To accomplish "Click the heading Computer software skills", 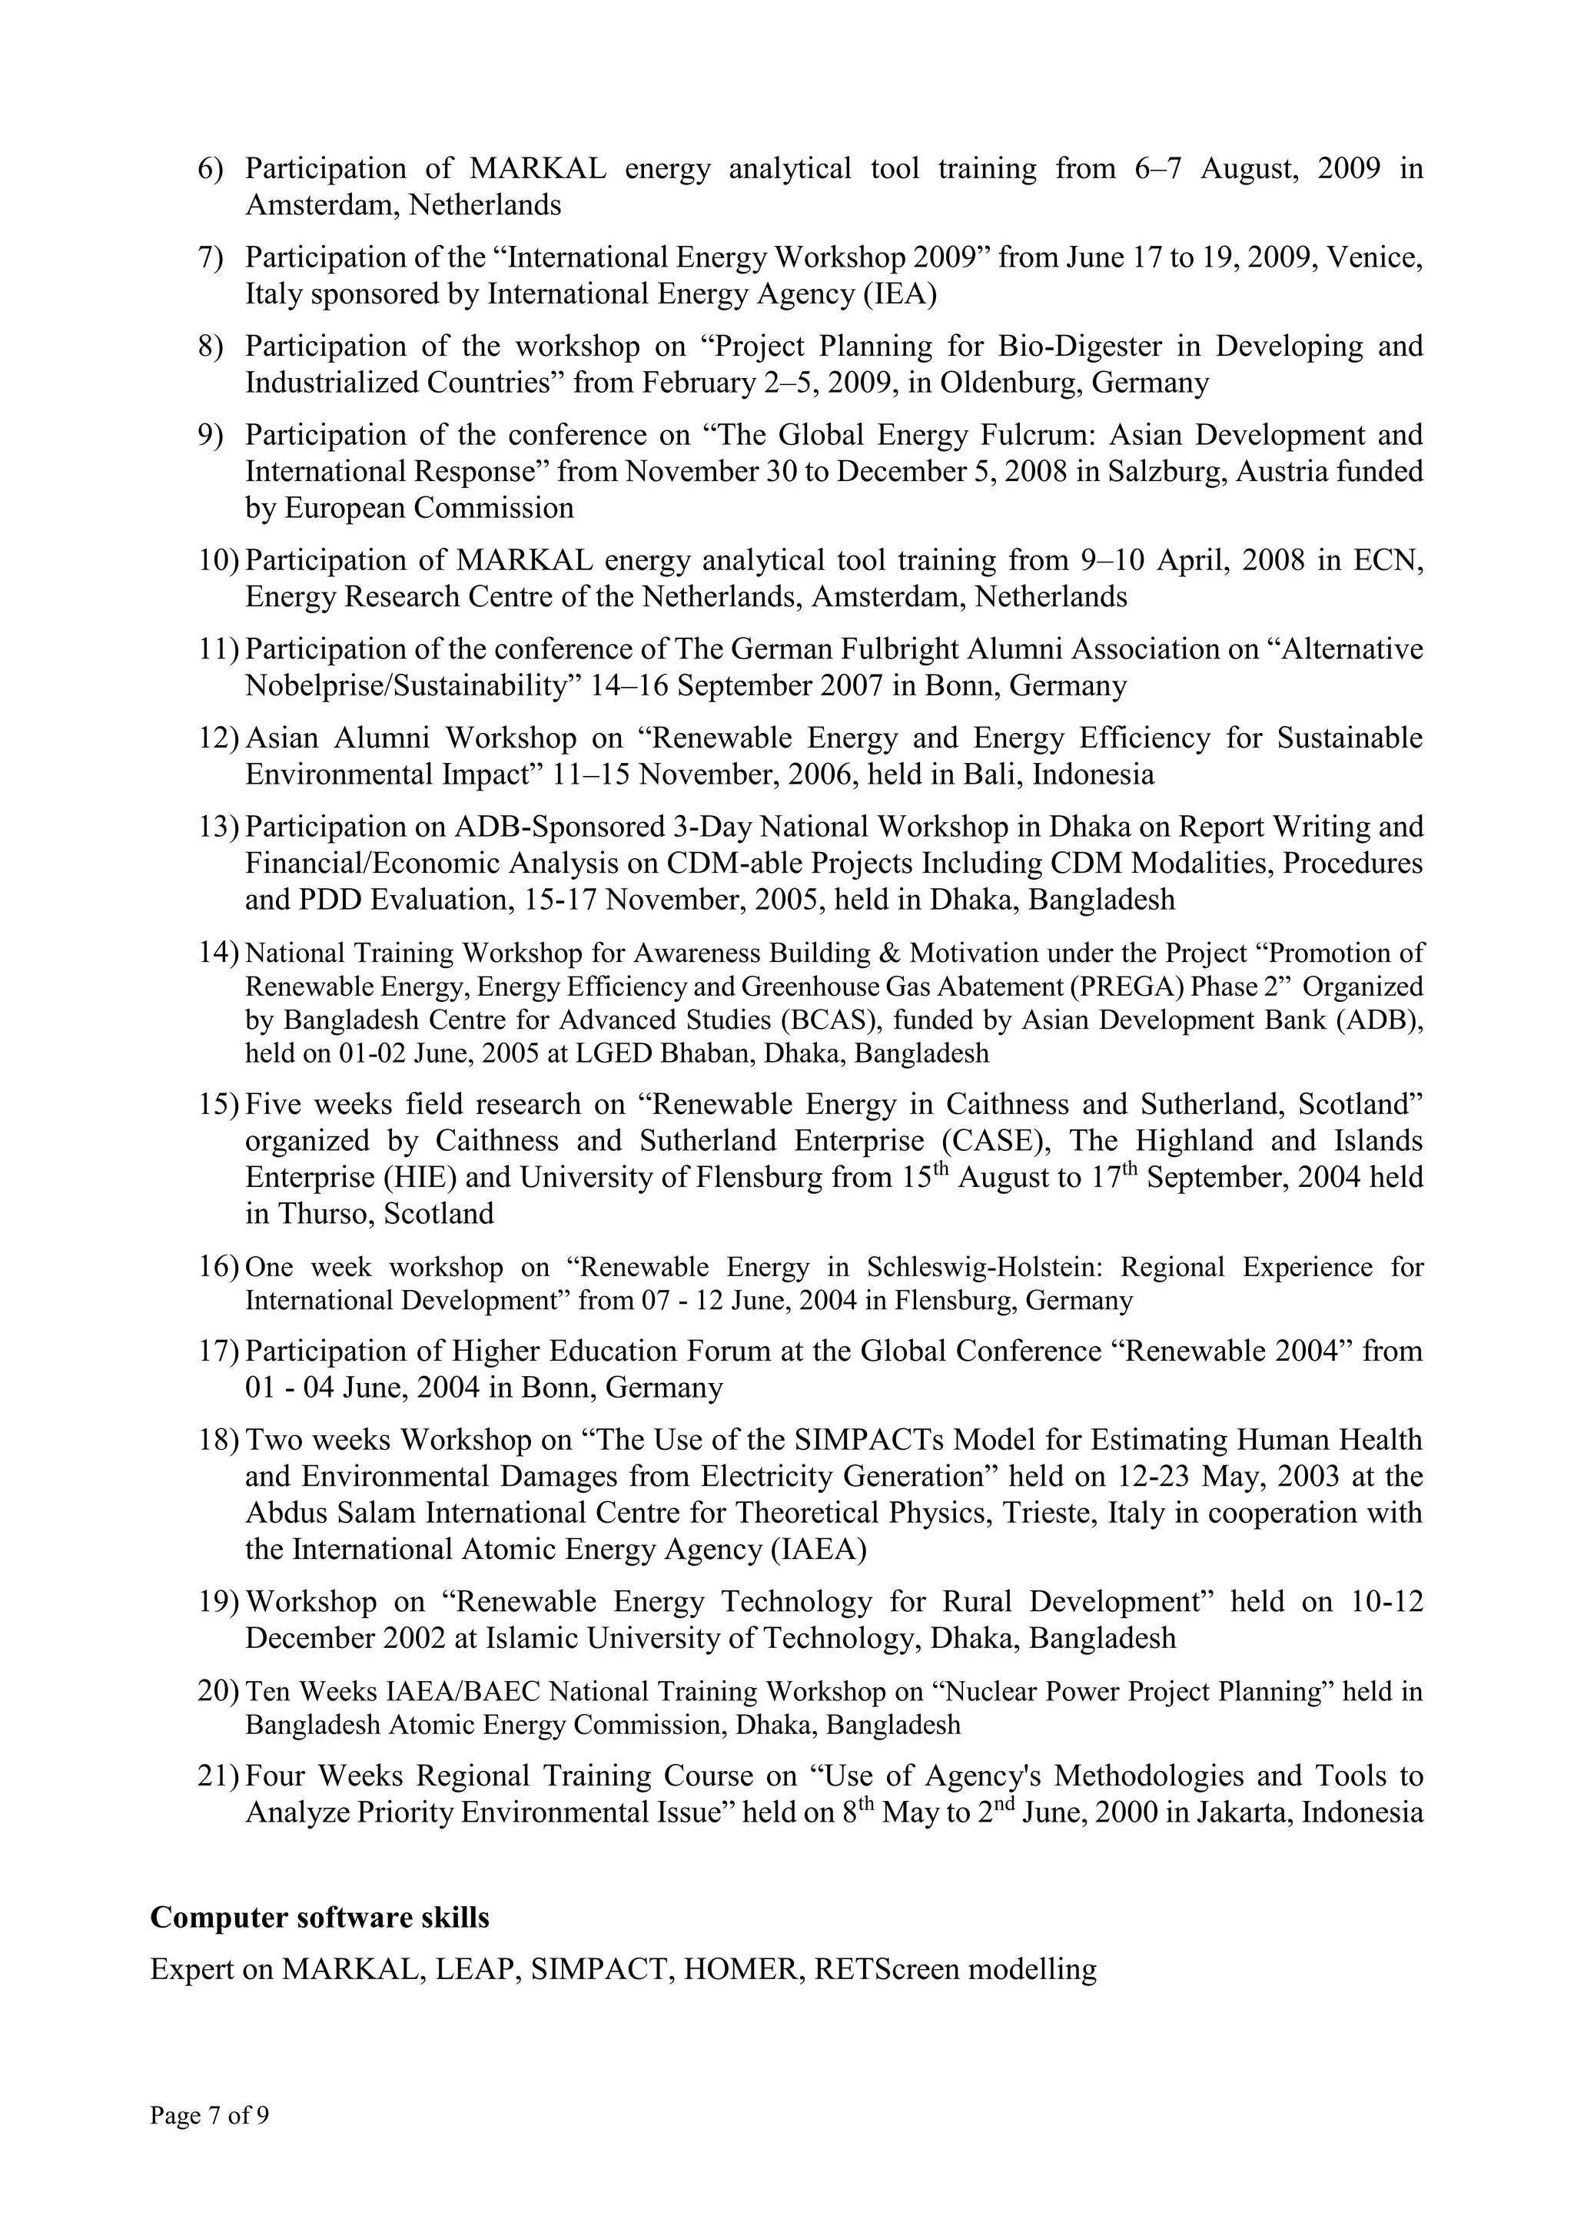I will [x=319, y=1918].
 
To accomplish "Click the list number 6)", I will [x=211, y=168].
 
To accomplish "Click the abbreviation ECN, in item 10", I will [x=1388, y=561].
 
